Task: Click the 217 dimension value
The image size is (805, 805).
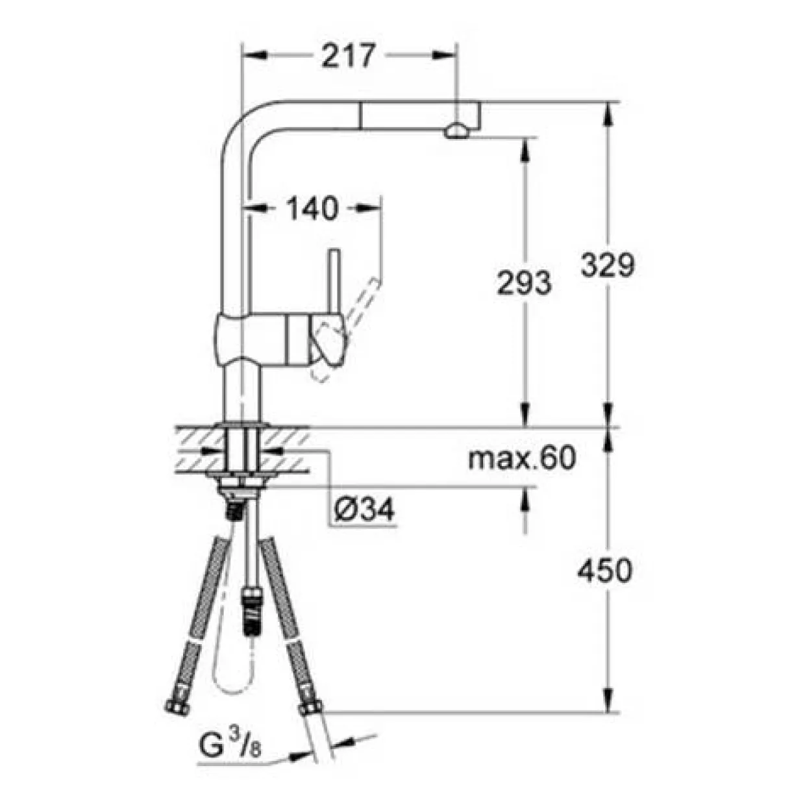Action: pyautogui.click(x=347, y=56)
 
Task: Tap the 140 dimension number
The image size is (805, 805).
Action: pyautogui.click(x=312, y=208)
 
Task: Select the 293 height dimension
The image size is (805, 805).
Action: pyautogui.click(x=525, y=282)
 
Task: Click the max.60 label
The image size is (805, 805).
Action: pyautogui.click(x=522, y=458)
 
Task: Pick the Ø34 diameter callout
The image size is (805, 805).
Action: pyautogui.click(x=364, y=510)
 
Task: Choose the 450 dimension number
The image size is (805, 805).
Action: pyautogui.click(x=604, y=570)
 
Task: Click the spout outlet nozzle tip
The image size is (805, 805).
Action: pyautogui.click(x=456, y=132)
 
